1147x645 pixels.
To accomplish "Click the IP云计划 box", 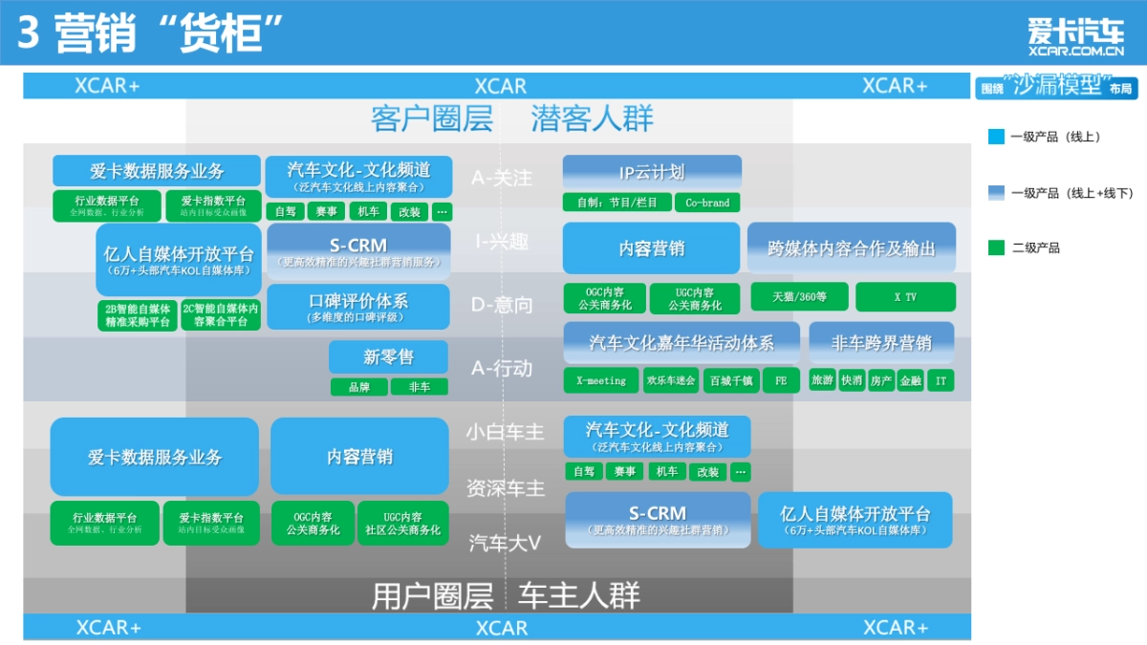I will [x=652, y=173].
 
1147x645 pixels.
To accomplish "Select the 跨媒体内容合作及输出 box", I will [x=851, y=248].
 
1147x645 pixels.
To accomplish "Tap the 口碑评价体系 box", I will [x=357, y=307].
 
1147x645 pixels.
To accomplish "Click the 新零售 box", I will [x=388, y=357].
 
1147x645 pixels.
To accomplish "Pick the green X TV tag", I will [x=904, y=297].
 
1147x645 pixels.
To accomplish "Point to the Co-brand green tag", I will [x=707, y=203].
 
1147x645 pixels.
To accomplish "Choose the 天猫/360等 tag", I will [x=799, y=297].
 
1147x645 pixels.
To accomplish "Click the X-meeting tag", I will [x=600, y=380].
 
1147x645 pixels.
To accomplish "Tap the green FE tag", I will [x=781, y=380].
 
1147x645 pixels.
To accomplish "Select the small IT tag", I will [x=941, y=380].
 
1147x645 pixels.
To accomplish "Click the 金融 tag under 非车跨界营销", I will [x=911, y=380].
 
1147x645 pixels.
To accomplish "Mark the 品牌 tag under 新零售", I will [x=358, y=387].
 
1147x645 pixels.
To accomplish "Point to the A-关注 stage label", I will [x=502, y=178].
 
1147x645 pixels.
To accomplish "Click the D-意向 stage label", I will [x=502, y=305].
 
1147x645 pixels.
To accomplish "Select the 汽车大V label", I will [x=505, y=543].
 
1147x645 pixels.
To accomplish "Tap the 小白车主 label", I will [x=505, y=432].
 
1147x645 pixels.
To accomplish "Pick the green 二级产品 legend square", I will [x=995, y=248].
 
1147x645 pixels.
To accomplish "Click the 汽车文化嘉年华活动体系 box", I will [x=681, y=342].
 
